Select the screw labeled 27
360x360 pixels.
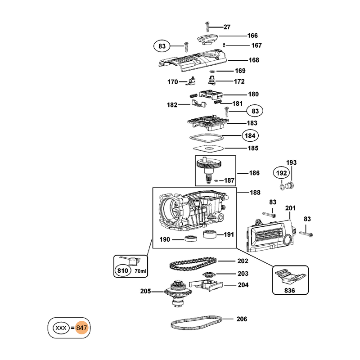tap(207, 26)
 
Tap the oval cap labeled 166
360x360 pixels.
tap(207, 38)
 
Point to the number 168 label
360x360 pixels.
tap(254, 60)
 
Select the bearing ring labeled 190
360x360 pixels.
tap(190, 239)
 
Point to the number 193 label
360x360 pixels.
tap(292, 162)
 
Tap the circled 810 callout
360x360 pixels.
tap(122, 271)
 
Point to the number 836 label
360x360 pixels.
tap(291, 291)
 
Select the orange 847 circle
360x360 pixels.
tap(81, 328)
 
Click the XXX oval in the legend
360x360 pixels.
tap(60, 328)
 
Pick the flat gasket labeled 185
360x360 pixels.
tap(208, 148)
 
